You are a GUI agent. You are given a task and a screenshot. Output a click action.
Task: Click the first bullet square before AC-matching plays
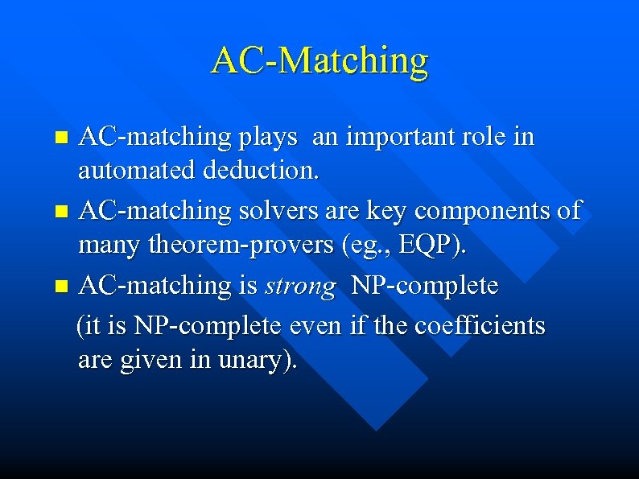click(64, 138)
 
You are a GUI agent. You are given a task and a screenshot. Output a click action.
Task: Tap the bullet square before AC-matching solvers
click(64, 213)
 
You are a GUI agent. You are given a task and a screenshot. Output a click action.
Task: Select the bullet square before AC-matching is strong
click(64, 287)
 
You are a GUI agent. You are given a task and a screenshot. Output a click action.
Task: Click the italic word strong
click(300, 287)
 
